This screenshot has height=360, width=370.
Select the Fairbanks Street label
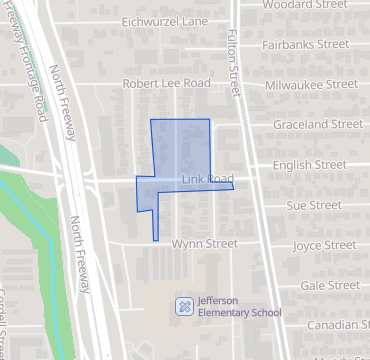pyautogui.click(x=305, y=44)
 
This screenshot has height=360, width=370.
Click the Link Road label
pyautogui.click(x=207, y=179)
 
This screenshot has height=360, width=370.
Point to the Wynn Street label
pyautogui.click(x=204, y=244)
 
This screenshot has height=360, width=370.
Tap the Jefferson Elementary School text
pyautogui.click(x=239, y=306)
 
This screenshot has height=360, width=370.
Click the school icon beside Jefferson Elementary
pyautogui.click(x=184, y=305)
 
